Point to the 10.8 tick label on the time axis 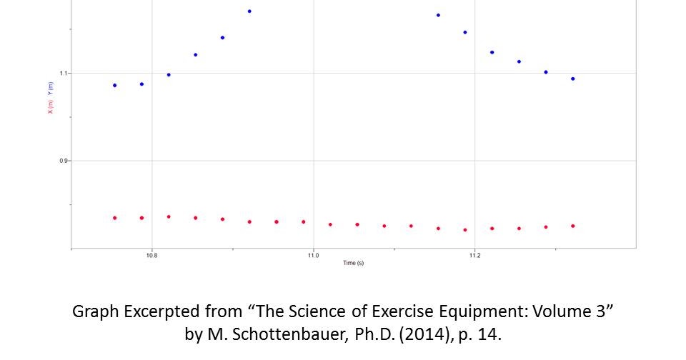point(151,254)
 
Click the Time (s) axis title point(353,263)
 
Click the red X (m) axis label point(50,107)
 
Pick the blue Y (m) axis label point(50,89)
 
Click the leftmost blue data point point(114,85)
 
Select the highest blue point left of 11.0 point(249,11)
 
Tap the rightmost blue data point point(573,79)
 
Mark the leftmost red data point point(114,217)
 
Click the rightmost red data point point(573,226)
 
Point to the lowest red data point point(465,230)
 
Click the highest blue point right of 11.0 point(438,14)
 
